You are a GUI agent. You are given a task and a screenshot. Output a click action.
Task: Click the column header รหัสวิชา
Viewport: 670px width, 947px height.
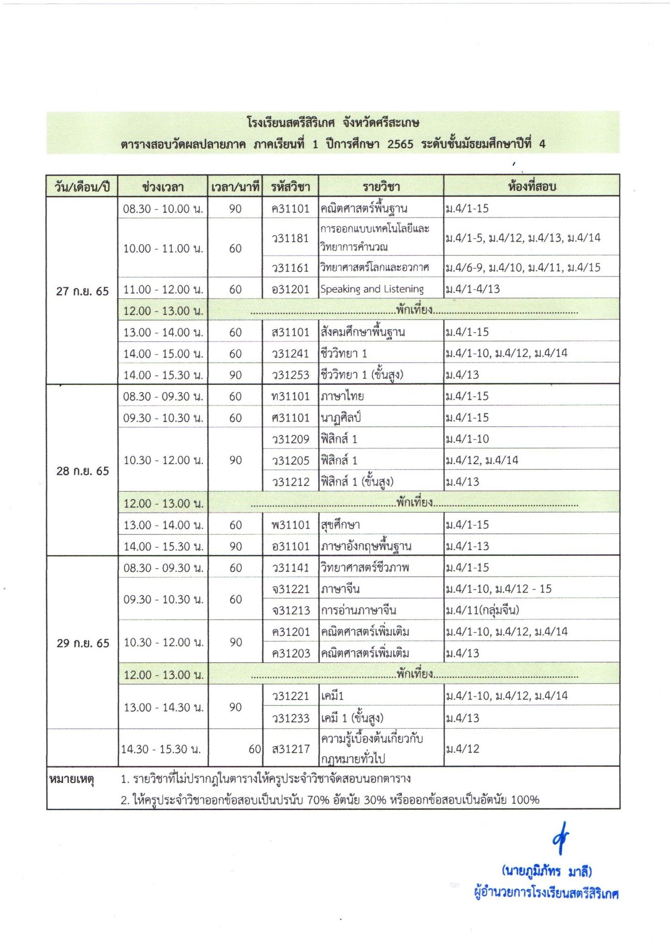(290, 186)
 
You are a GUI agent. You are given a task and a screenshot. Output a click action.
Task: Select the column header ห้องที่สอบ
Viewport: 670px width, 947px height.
(531, 186)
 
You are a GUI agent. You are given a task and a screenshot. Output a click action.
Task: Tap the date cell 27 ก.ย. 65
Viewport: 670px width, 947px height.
(82, 291)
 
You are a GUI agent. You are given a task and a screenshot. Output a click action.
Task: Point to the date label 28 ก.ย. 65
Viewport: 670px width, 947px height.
(82, 471)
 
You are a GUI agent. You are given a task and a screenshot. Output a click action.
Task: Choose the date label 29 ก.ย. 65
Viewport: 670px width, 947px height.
(82, 643)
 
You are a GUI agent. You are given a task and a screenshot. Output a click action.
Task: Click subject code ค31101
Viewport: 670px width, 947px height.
(290, 209)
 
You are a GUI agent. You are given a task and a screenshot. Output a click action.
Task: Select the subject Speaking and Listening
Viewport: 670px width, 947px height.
(372, 289)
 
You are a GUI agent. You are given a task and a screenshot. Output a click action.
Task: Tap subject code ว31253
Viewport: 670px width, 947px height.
(290, 375)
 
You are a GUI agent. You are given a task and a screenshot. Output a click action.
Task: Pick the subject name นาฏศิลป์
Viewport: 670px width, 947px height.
(340, 418)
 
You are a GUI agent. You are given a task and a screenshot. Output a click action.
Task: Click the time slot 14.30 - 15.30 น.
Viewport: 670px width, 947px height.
(161, 749)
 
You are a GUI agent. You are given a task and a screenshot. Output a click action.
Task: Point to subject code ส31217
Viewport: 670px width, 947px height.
(290, 749)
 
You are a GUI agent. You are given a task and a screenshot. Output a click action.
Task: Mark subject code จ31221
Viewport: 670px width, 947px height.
(290, 589)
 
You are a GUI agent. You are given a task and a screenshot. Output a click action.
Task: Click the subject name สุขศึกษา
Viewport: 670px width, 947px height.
(340, 525)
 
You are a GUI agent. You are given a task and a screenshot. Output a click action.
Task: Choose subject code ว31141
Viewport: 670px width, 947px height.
(290, 568)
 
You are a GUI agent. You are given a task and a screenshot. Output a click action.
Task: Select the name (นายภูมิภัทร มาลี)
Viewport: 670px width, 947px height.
(547, 872)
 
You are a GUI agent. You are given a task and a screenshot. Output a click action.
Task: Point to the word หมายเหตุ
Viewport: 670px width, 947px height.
(71, 779)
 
